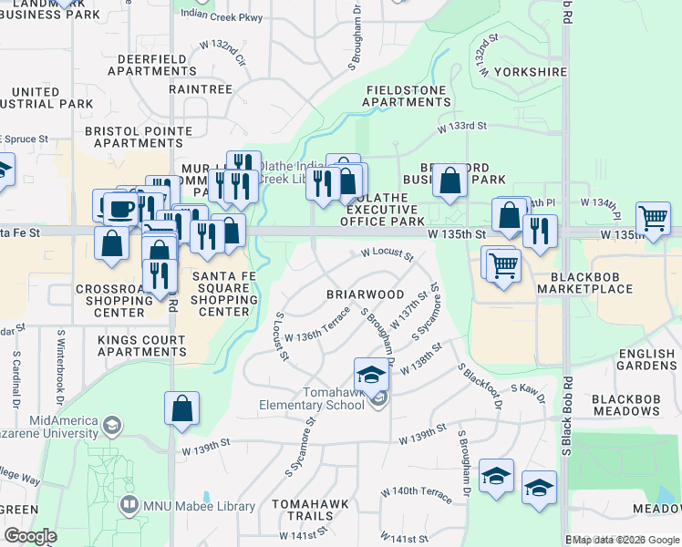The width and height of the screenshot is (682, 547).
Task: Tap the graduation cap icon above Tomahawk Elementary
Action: pos(370,375)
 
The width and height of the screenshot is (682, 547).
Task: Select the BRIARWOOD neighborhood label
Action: pos(365,294)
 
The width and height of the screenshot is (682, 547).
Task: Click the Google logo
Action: pos(29,536)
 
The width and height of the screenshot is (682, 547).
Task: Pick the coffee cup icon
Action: pos(120,208)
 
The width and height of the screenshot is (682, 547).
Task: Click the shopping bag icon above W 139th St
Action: pos(181,408)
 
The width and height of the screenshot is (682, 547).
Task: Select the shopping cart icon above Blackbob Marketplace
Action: pos(503,265)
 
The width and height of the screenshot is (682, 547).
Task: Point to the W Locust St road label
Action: pos(387,253)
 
